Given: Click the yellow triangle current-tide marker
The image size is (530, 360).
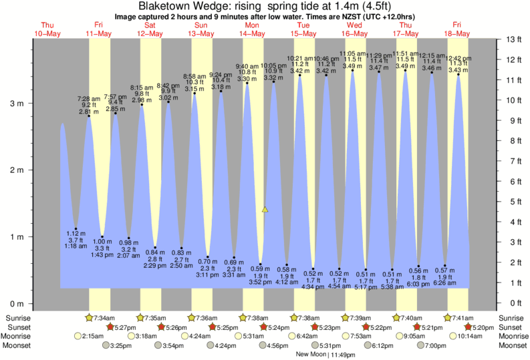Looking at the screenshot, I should (265, 209).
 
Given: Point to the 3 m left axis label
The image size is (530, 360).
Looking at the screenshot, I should (16, 104).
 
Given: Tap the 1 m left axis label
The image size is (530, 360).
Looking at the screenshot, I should (16, 237).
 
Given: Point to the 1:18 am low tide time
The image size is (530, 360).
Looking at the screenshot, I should (76, 246).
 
